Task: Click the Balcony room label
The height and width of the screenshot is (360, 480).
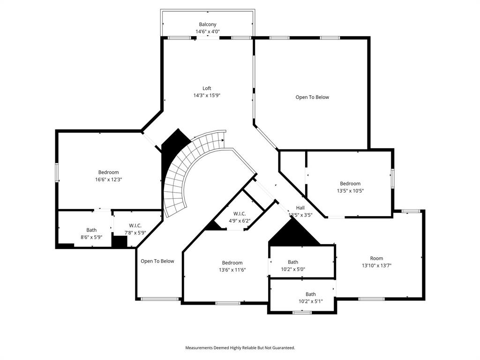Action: [x=207, y=24]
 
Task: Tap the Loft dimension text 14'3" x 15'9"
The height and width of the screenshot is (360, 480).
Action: [x=207, y=95]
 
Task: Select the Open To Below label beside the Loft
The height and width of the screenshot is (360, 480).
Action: [x=312, y=97]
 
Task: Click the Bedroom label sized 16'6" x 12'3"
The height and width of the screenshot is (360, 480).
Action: [x=108, y=172]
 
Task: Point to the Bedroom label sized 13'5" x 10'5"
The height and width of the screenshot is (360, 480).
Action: [x=350, y=184]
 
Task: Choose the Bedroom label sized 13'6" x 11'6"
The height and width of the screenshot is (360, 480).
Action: [x=232, y=263]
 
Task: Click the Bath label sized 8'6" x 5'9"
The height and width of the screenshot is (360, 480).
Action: [x=91, y=230]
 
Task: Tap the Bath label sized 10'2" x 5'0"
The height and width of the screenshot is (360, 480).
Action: [x=292, y=262]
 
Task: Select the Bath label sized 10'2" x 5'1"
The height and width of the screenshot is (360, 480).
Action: [x=310, y=294]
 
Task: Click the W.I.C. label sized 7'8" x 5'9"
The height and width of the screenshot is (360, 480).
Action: [x=135, y=226]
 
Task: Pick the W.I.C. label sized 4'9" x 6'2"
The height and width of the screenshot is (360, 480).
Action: [x=240, y=214]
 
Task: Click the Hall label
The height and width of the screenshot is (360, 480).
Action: [x=300, y=208]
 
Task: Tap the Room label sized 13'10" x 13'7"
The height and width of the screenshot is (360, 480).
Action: [x=376, y=258]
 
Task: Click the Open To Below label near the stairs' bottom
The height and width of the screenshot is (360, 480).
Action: [x=157, y=261]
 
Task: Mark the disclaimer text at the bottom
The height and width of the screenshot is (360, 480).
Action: [x=240, y=348]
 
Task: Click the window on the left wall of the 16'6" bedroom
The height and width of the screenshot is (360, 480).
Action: [x=57, y=172]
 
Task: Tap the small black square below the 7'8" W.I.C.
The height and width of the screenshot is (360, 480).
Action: [x=120, y=241]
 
